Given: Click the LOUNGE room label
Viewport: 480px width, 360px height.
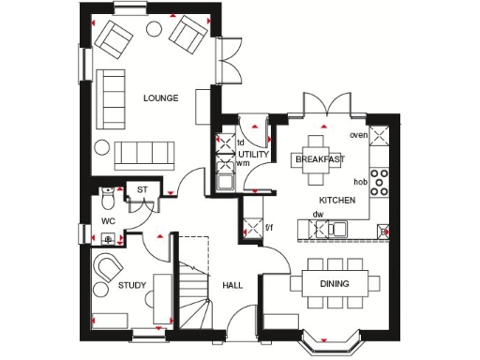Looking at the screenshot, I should (x=160, y=97).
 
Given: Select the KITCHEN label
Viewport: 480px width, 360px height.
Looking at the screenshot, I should (x=337, y=201).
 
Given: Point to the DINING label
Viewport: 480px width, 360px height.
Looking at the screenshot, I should (x=336, y=282).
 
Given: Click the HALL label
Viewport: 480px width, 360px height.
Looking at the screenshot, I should (x=233, y=286).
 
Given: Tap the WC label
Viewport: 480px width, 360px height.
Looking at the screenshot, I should (x=109, y=221).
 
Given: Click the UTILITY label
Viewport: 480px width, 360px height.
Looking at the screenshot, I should (x=254, y=153).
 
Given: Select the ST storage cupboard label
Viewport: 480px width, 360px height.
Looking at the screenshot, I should (x=143, y=190).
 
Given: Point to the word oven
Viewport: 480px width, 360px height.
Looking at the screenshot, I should (x=357, y=135).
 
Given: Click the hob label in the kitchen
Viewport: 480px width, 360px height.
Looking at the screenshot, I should (x=359, y=182).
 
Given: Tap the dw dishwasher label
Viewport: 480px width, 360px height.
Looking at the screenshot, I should (x=317, y=215).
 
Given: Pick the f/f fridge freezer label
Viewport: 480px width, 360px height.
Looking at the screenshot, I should (x=268, y=228).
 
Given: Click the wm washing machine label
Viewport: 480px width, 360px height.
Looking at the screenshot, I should (x=244, y=164).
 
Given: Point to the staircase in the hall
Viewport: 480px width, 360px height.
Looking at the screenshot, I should (x=193, y=281).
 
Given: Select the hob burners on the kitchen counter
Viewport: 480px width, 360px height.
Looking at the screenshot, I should (x=380, y=182).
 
